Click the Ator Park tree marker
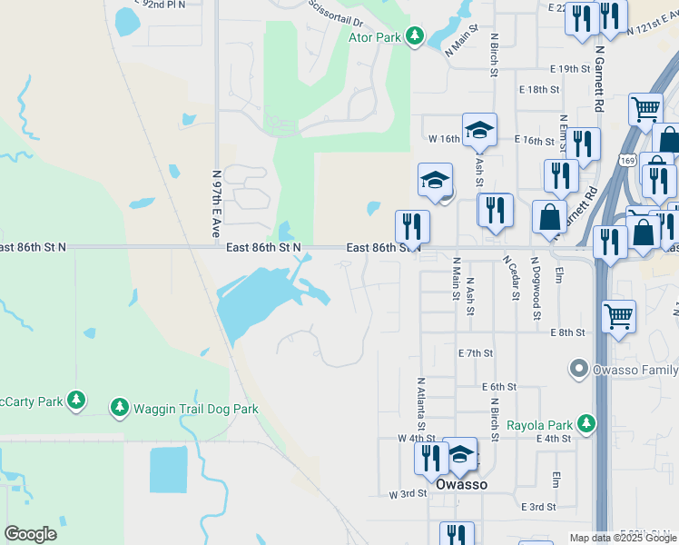tap(415, 36)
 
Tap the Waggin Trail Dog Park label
tap(197, 409)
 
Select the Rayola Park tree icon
tap(587, 424)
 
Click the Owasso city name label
tap(461, 484)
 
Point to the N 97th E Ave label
tap(216, 204)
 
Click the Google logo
tap(30, 534)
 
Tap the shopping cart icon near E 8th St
tap(618, 318)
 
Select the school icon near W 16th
tap(479, 129)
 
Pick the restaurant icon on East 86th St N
tap(412, 226)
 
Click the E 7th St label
tap(476, 352)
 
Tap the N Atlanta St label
tap(421, 404)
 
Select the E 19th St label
tap(570, 69)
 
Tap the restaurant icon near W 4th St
tap(430, 456)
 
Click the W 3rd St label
tap(407, 494)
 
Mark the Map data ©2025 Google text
tap(622, 538)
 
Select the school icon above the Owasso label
tap(461, 456)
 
